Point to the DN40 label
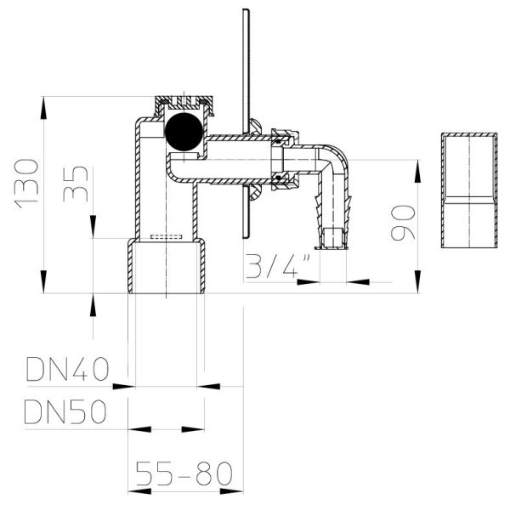coord(67,370)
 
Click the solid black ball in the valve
coord(184,132)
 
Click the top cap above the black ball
coord(185,105)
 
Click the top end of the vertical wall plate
coord(244,13)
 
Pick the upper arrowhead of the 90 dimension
coord(416,161)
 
